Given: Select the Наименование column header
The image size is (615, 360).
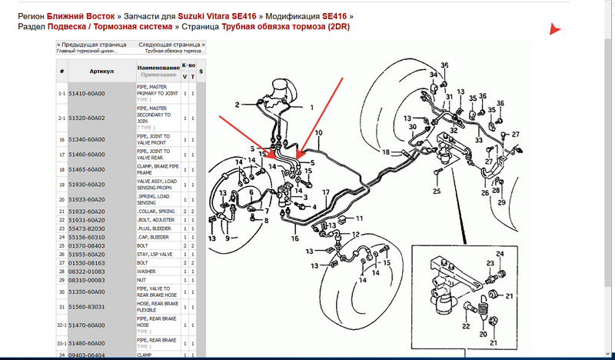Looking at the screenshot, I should click(x=158, y=68).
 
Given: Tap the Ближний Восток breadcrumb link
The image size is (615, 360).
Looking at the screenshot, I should click(x=82, y=15).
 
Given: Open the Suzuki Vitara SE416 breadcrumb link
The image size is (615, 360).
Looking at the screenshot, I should click(x=218, y=15).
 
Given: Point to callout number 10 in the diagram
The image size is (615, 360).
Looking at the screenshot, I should click(x=317, y=133).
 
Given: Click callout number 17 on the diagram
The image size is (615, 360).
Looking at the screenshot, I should click(x=325, y=192).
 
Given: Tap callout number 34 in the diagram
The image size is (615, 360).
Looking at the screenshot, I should click(x=434, y=75).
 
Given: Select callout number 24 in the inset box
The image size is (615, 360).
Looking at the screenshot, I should click(x=500, y=254).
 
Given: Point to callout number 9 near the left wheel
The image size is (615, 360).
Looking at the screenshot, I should click(x=227, y=238).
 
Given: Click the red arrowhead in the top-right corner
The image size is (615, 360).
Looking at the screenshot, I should click(x=555, y=30).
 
